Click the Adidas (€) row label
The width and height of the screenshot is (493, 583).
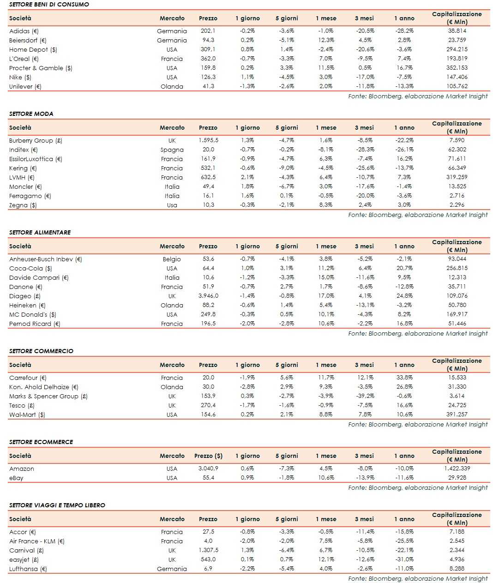tap(24, 31)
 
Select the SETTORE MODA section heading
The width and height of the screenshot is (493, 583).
tap(31, 114)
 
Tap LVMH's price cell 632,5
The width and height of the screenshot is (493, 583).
tap(208, 177)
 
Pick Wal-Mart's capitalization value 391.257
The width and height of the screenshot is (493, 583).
tap(457, 415)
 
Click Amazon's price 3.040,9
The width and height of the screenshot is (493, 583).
tap(208, 469)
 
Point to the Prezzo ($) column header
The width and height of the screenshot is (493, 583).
tap(208, 456)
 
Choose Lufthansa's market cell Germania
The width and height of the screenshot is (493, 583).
tap(172, 569)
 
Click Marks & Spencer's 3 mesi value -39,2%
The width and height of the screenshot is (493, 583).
tap(365, 396)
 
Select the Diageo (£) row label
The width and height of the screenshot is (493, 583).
tap(25, 296)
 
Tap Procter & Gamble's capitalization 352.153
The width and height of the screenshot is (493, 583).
tap(457, 68)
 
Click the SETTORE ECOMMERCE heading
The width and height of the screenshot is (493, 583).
tap(41, 442)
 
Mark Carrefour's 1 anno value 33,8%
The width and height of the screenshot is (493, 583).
tap(404, 378)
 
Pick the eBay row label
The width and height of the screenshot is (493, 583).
tap(16, 478)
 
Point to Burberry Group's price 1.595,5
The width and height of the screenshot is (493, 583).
tap(208, 140)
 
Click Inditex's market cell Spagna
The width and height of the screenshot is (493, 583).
tap(172, 150)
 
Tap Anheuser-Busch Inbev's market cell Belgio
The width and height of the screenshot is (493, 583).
tap(172, 259)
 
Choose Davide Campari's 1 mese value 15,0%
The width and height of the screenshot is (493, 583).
tap(326, 277)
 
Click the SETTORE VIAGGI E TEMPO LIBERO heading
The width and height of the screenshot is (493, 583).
tap(57, 505)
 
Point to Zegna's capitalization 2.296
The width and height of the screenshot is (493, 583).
tap(457, 205)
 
